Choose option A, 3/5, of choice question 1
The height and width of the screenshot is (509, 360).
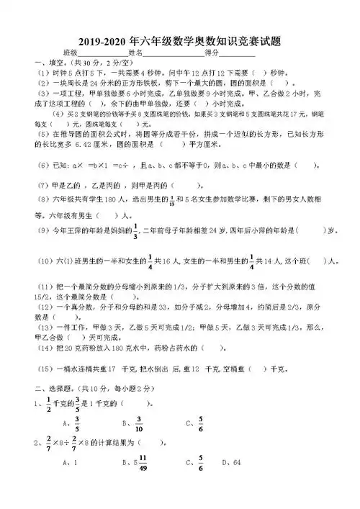pos(76,423)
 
